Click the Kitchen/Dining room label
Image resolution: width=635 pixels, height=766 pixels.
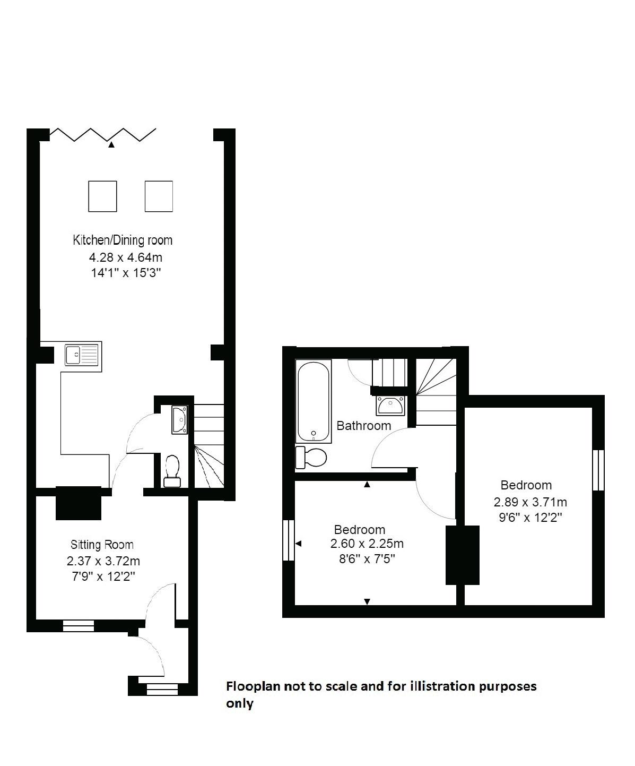123,240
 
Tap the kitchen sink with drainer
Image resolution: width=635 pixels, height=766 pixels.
82,355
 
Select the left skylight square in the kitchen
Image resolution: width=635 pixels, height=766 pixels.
103,196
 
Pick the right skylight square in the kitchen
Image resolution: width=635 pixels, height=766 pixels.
159,196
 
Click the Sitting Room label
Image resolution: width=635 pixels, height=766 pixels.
102,545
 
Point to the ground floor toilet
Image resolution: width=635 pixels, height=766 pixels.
172,471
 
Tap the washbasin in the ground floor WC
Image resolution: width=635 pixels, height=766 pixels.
180,420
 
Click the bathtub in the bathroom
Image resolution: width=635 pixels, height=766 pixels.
314,401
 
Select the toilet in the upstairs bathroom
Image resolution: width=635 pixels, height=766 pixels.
311,458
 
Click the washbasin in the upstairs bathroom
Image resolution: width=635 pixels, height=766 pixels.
391,406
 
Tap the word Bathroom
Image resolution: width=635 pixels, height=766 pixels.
364,426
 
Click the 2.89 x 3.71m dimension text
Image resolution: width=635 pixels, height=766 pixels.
530,502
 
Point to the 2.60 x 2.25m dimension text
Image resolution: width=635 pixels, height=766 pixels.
367,544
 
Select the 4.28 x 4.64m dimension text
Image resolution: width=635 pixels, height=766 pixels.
126,257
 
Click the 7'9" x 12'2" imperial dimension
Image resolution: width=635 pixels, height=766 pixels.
103,576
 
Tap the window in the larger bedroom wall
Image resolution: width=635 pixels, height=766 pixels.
598,470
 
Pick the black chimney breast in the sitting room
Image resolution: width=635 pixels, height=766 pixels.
79,503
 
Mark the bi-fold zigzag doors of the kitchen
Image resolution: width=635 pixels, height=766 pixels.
103,135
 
